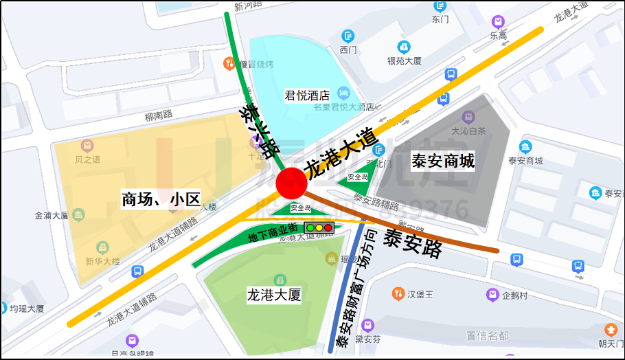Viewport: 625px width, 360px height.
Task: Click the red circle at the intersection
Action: pyautogui.click(x=291, y=183)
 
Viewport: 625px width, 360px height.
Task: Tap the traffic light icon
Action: pyautogui.click(x=319, y=227)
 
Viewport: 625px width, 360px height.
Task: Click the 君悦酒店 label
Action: pyautogui.click(x=307, y=95)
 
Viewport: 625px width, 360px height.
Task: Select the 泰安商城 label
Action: pyautogui.click(x=443, y=161)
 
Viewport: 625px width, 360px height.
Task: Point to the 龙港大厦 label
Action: pyautogui.click(x=274, y=295)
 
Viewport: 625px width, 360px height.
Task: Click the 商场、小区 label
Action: pyautogui.click(x=160, y=200)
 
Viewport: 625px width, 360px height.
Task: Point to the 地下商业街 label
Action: pyautogui.click(x=273, y=234)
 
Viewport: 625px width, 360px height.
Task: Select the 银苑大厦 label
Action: pyautogui.click(x=404, y=60)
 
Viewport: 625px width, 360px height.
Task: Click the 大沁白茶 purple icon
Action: pyautogui.click(x=468, y=117)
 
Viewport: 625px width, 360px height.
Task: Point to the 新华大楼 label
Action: pyautogui.click(x=102, y=261)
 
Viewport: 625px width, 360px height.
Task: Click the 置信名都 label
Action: pyautogui.click(x=487, y=335)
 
